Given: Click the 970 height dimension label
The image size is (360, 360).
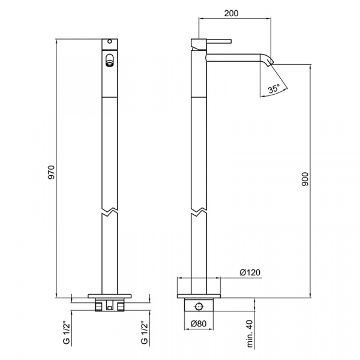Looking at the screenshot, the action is tap(52, 172).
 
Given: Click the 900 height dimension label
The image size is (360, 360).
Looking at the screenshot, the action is tap(305, 179).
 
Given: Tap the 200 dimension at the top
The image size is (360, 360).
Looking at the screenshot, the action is tap(231, 13).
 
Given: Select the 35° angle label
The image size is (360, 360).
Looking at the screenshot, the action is tap(274, 88).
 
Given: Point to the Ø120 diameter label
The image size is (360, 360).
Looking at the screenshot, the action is tap(250, 272).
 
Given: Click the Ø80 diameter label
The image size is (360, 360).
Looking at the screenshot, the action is tap(199, 324).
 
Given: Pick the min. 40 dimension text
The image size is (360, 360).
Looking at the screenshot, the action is tap(250, 334).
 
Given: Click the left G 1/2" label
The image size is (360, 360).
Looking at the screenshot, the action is tap(67, 333).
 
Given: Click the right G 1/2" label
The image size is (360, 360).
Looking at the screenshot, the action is tap(145, 333).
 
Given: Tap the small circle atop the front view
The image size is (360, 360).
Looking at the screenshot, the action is tap(110, 41).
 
